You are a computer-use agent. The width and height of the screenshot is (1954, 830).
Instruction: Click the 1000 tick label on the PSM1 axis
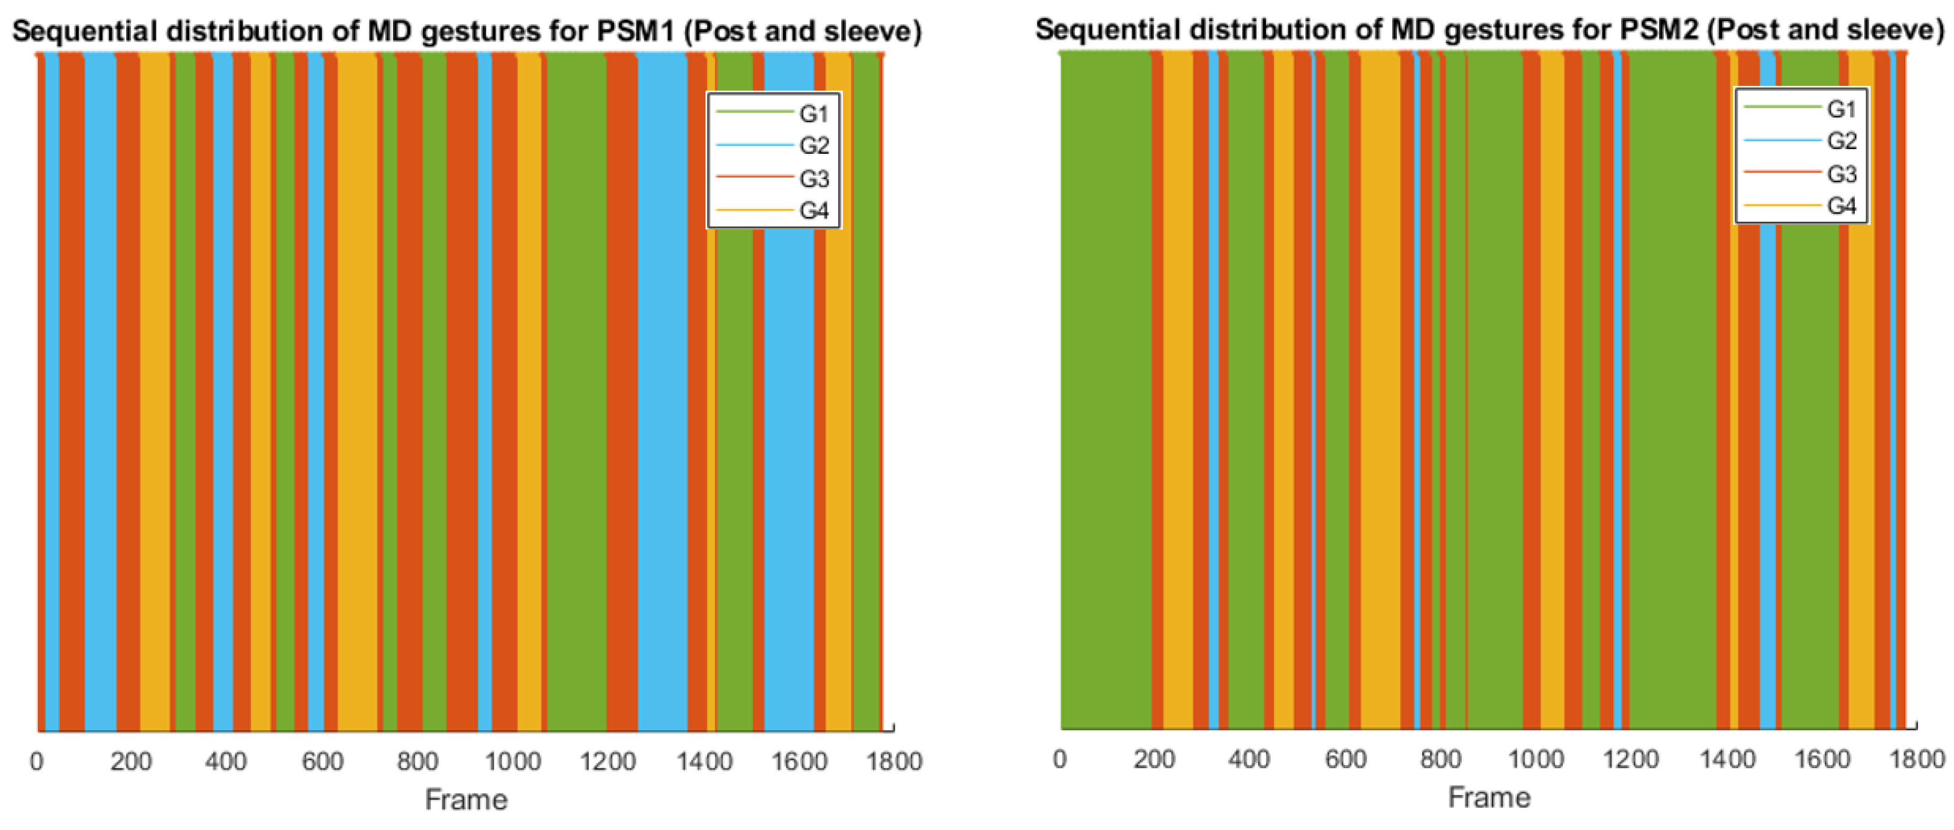(x=513, y=761)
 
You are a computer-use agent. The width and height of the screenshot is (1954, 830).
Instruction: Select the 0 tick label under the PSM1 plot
(x=37, y=761)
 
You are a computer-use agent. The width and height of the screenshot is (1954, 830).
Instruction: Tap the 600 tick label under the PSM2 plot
(x=1345, y=758)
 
